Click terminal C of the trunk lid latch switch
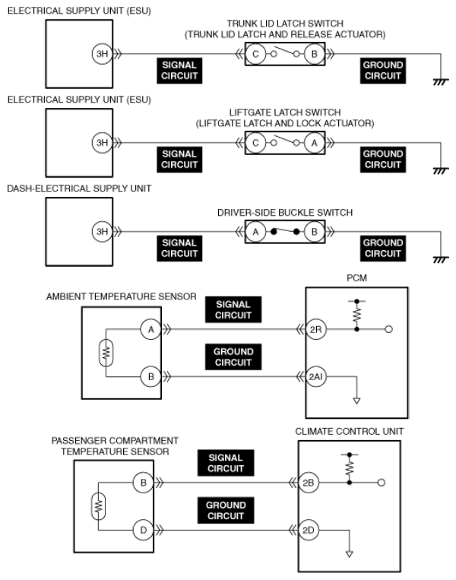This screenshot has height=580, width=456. [256, 54]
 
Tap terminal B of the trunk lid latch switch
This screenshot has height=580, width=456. [311, 54]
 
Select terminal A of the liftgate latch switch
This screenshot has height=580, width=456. [311, 143]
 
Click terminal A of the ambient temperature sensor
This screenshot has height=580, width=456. [150, 329]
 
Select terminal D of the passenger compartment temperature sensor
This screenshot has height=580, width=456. [142, 530]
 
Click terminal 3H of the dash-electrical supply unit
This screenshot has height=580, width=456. [101, 232]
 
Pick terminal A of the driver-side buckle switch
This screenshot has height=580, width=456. [256, 232]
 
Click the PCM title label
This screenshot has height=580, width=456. [356, 279]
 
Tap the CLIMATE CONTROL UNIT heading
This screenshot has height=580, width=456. [350, 431]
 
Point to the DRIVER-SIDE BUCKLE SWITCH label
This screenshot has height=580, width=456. [284, 211]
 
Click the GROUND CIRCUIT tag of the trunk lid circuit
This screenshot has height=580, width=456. [382, 71]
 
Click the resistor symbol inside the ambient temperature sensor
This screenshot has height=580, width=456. [107, 353]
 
